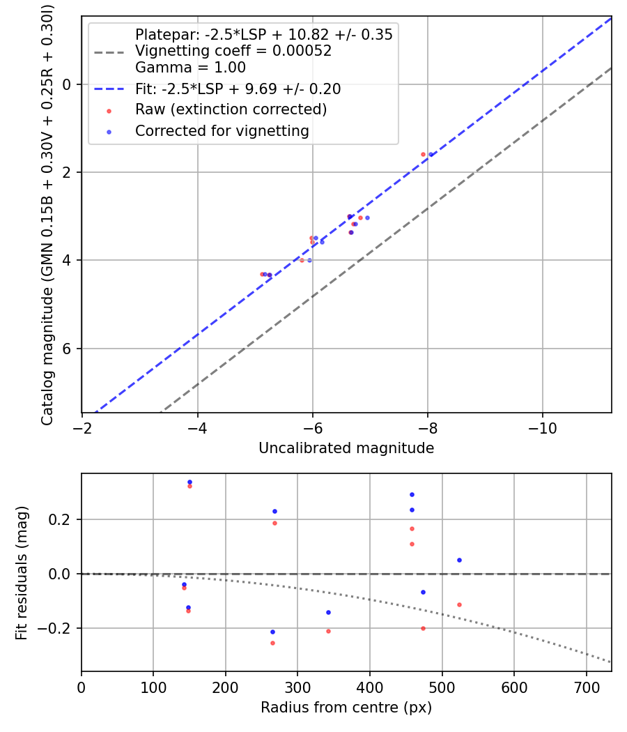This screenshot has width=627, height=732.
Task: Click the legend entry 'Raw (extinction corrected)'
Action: (231, 109)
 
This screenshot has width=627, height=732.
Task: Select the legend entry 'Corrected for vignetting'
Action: (222, 130)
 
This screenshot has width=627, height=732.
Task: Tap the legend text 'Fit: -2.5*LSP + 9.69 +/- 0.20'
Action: (238, 89)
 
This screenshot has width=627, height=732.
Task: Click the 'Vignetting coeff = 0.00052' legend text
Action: (233, 51)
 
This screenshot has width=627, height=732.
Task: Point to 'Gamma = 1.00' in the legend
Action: (190, 68)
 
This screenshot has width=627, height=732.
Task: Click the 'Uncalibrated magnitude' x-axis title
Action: (346, 448)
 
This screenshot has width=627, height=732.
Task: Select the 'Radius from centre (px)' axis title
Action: (346, 708)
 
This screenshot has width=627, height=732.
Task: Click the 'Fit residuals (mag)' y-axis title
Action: (22, 572)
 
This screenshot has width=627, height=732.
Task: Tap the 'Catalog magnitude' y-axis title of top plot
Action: (47, 214)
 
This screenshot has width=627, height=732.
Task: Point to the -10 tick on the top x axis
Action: (542, 428)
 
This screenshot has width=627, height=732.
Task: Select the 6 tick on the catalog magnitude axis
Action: (68, 349)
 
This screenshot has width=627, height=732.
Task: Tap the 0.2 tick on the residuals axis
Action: (63, 519)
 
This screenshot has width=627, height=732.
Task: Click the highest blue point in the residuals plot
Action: (189, 482)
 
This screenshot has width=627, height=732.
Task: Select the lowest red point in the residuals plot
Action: (272, 643)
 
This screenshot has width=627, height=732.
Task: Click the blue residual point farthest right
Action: (459, 560)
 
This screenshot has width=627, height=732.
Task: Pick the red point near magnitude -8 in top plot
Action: (423, 154)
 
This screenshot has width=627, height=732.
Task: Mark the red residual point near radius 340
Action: (328, 631)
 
